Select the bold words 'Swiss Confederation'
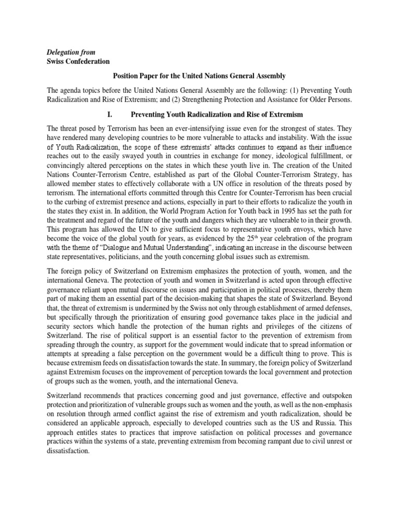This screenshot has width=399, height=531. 78,62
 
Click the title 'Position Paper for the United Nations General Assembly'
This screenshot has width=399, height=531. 199,76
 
